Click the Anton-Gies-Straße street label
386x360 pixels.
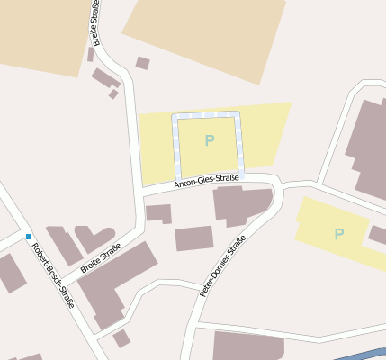[206, 182]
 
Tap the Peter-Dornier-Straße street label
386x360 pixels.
[223, 266]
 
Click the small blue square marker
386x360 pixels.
[29, 236]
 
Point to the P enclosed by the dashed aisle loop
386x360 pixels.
[210, 140]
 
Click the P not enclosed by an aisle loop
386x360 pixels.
[339, 234]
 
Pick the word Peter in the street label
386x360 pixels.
[208, 287]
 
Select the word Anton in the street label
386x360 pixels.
[185, 184]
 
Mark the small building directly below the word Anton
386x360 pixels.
[159, 213]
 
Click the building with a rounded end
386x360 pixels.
[94, 238]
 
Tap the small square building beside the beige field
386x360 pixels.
[142, 63]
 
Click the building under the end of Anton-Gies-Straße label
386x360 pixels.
[239, 205]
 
